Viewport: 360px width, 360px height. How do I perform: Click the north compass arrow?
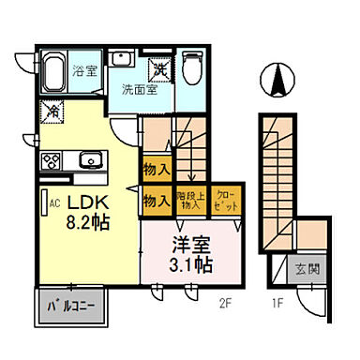click(278, 80)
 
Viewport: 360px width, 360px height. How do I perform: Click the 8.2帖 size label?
click(90, 225)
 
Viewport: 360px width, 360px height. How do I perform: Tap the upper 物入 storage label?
click(156, 170)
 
